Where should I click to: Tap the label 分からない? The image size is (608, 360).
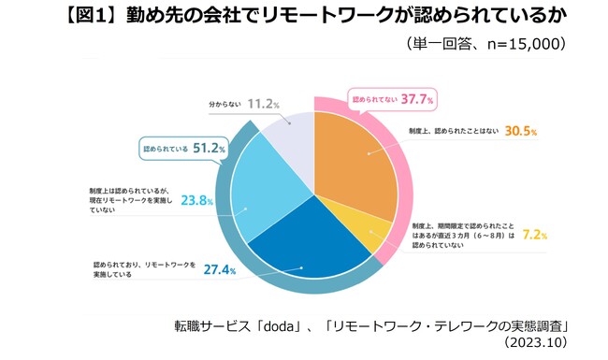click(x=225, y=106)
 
